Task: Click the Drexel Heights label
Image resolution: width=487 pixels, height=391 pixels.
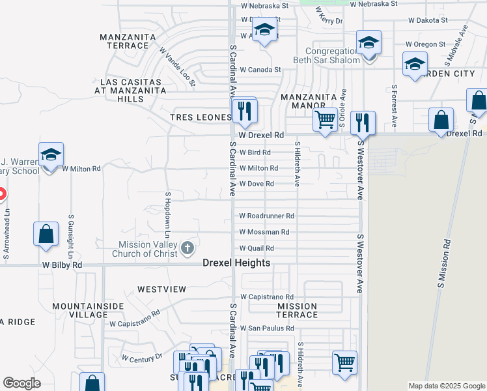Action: pos(236,263)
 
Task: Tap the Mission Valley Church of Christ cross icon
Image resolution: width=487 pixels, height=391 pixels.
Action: pos(188,247)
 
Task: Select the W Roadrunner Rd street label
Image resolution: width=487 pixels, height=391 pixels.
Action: pos(267,216)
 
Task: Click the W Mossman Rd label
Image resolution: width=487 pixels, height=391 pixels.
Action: pos(264,232)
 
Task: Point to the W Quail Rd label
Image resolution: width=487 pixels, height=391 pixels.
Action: pos(257,248)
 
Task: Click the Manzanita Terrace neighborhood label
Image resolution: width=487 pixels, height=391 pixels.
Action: pos(125,41)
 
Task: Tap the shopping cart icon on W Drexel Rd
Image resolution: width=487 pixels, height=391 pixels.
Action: pos(324,119)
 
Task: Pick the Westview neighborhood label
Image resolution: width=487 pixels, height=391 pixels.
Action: pos(161,289)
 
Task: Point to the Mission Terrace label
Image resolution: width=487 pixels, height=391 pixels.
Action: pos(297,310)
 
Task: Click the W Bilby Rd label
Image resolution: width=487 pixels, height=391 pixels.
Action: pos(63,265)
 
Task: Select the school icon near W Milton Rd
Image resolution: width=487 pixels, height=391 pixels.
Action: pos(51,155)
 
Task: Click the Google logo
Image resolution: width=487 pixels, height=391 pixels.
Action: pos(21,383)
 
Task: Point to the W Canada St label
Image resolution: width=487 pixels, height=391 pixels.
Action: pos(260,69)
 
